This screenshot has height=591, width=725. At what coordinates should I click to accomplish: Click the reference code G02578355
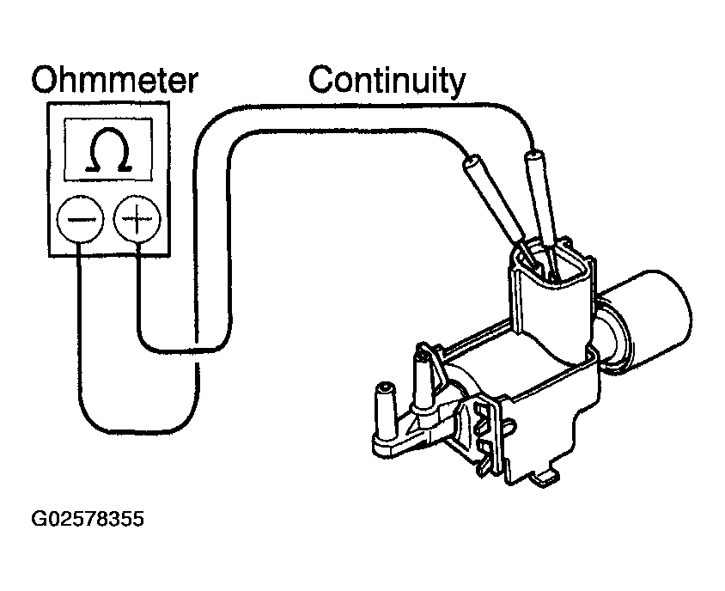click(x=88, y=520)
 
